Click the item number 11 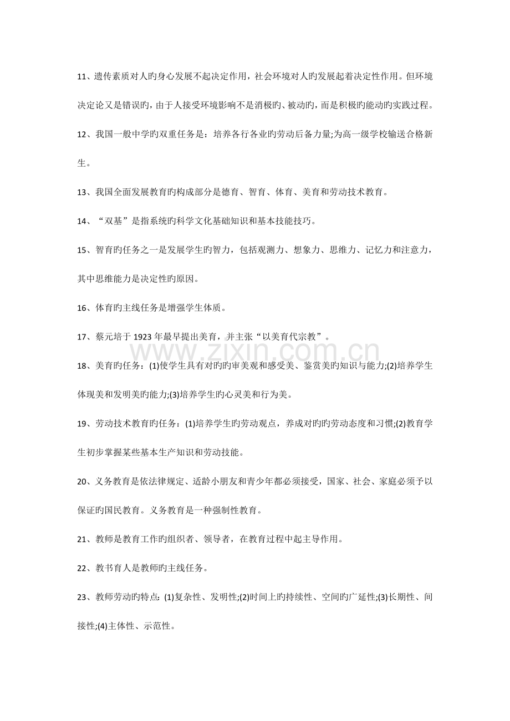click(x=81, y=76)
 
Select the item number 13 click(x=81, y=192)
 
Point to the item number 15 click(x=81, y=250)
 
